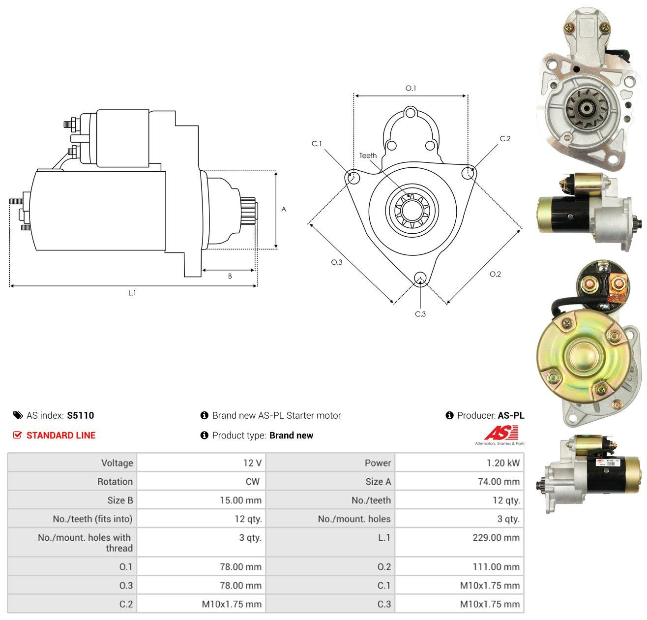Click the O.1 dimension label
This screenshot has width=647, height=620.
click(x=411, y=88)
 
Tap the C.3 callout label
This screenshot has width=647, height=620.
click(x=420, y=314)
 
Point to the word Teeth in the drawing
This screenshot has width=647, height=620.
click(x=368, y=155)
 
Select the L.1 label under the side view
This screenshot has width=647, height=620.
click(x=132, y=293)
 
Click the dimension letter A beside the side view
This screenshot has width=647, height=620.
click(x=284, y=209)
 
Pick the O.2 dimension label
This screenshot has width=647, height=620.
click(x=495, y=274)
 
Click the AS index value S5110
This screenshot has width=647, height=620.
click(x=81, y=415)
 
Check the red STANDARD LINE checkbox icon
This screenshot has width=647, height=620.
click(x=17, y=435)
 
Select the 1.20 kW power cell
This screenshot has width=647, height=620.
click(x=459, y=463)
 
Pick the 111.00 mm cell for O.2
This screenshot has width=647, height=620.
click(x=459, y=566)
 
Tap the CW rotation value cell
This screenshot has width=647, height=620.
click(x=201, y=481)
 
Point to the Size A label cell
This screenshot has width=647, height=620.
click(x=330, y=481)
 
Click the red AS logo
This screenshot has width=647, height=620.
click(x=501, y=433)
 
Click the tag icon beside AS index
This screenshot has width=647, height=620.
click(x=18, y=415)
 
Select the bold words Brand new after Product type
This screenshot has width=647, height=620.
click(x=291, y=435)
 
